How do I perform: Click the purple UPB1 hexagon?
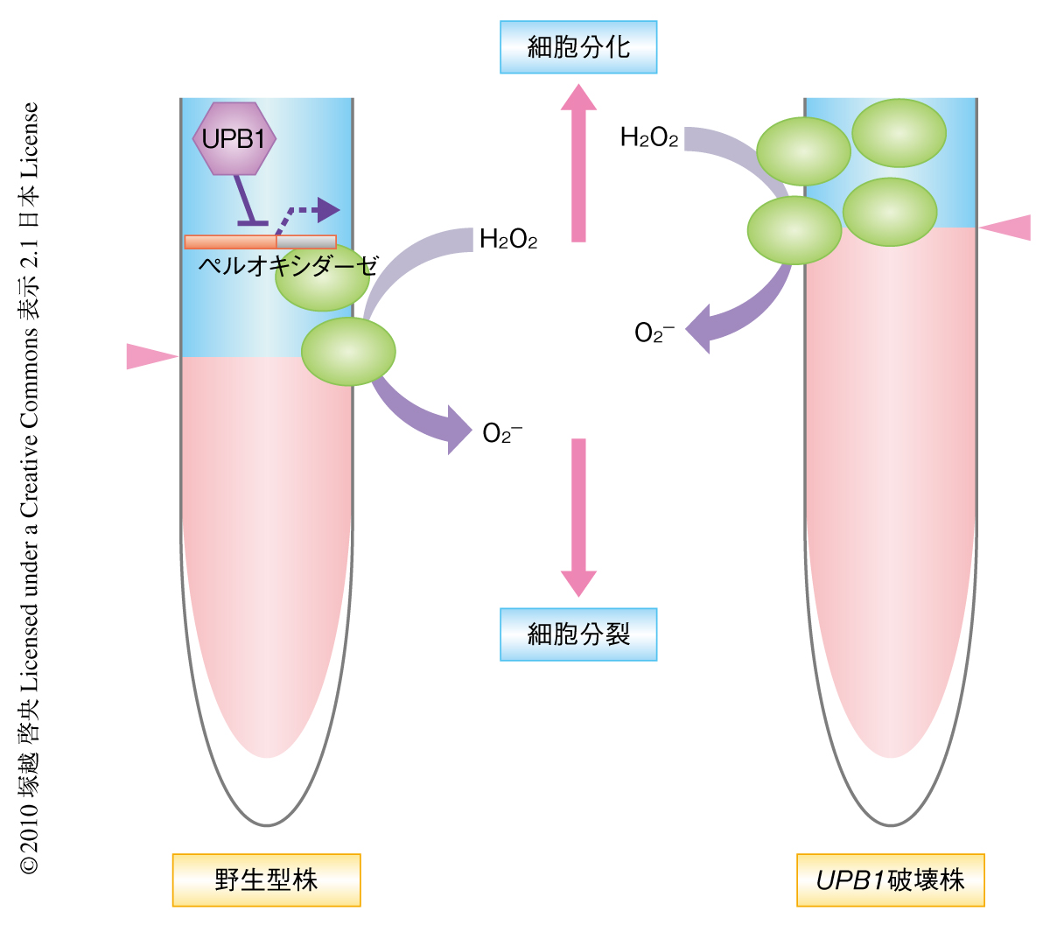234,138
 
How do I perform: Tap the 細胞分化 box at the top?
577,47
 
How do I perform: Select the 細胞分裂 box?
577,634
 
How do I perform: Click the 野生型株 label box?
266,879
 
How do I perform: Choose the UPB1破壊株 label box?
890,879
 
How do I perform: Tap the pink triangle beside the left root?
150,356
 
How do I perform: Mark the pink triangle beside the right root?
1006,227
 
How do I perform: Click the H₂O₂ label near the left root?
507,240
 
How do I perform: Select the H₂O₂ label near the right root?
648,137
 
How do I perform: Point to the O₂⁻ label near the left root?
501,433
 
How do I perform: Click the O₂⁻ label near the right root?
654,333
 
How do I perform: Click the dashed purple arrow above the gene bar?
311,211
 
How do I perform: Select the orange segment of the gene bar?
230,242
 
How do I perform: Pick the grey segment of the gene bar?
306,242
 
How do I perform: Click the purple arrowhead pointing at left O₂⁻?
458,429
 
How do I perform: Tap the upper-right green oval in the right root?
899,133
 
